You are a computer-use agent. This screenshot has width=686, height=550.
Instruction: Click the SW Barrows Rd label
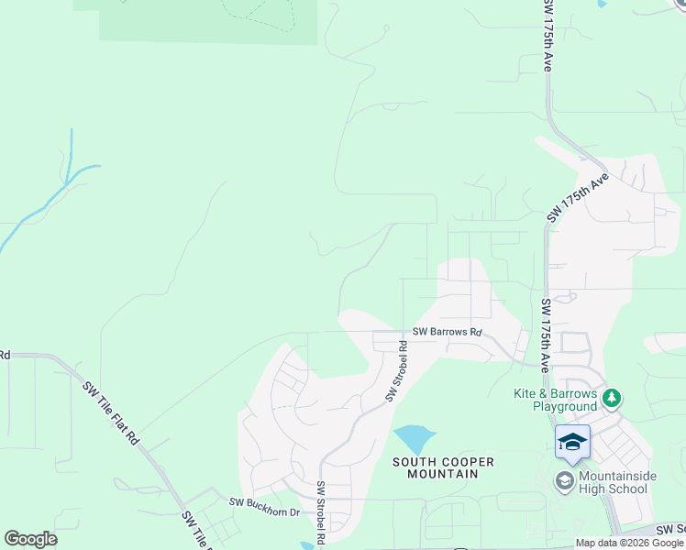coord(447,332)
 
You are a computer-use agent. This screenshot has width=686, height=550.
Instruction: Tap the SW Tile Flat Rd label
coord(112,412)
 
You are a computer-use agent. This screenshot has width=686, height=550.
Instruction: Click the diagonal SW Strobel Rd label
coord(397,371)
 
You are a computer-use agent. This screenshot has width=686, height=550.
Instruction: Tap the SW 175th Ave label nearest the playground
coord(546,335)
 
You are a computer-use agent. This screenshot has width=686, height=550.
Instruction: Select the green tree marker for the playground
coord(612,399)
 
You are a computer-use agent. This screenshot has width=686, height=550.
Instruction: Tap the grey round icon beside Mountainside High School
coord(565,480)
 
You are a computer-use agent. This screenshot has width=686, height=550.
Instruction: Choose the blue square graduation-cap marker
coord(573,443)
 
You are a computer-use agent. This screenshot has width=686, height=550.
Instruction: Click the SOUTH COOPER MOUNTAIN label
coord(437,467)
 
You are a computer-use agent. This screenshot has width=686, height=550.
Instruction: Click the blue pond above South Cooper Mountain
coord(414,437)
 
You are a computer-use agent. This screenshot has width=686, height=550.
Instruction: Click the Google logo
coord(30,539)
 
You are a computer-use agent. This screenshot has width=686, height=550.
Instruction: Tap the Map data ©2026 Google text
coord(629,543)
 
